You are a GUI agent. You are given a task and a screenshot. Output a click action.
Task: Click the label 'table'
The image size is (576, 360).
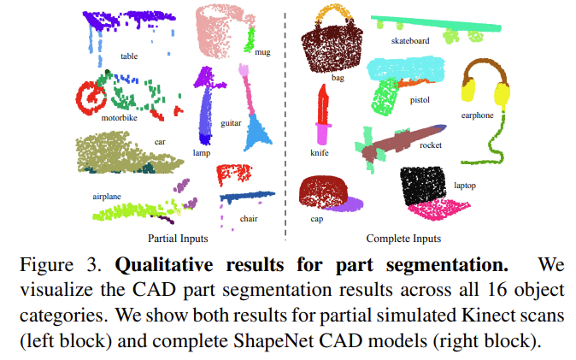(x=129, y=56)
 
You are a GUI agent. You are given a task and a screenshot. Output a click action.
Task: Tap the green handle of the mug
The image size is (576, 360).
(x=250, y=39)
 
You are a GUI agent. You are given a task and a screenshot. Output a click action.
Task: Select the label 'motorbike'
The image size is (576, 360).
(x=119, y=118)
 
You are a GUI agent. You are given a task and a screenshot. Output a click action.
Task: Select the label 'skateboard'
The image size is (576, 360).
(x=411, y=39)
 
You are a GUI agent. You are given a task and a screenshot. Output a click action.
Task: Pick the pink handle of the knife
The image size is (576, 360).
(x=322, y=134)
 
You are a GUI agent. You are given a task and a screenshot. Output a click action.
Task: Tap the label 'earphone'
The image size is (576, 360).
(x=477, y=115)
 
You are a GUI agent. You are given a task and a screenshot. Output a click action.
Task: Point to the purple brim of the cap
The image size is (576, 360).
(x=345, y=204)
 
